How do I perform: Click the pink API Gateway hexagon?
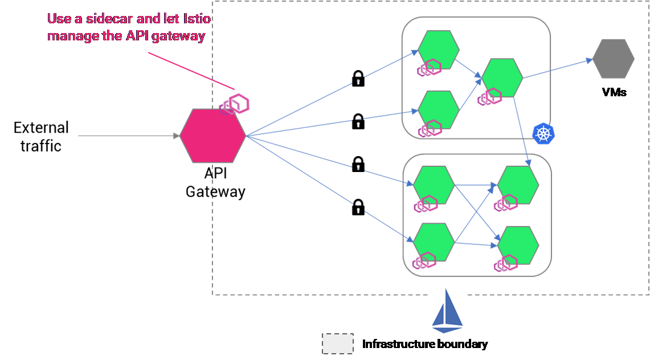(212, 136)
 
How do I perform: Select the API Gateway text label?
(215, 182)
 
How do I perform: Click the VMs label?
(614, 92)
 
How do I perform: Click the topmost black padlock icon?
(358, 79)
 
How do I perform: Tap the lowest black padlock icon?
(358, 207)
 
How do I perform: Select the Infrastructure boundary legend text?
(425, 344)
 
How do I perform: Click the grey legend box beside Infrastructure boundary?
(338, 344)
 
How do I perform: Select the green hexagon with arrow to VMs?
(502, 78)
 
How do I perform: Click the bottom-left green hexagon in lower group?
(434, 241)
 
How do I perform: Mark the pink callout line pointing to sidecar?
(191, 71)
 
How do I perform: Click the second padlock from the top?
(358, 121)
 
